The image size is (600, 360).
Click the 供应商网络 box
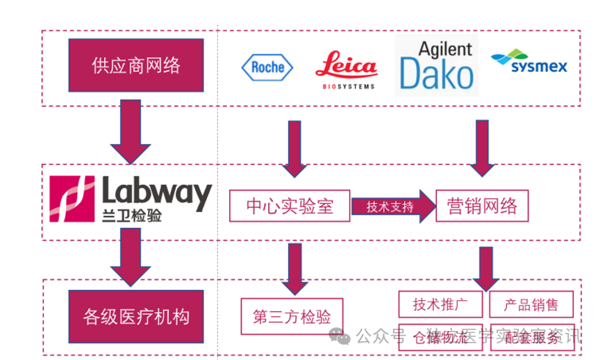(136, 66)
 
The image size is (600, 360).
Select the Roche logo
(267, 67)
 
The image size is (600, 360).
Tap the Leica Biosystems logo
(346, 69)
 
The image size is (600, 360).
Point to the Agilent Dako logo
(436, 67)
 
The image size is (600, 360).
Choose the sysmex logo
(528, 63)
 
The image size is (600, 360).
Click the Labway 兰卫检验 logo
(131, 198)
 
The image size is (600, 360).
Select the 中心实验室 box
(290, 206)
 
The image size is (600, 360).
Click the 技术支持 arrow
(392, 206)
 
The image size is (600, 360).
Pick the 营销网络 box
(482, 206)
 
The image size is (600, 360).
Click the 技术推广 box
(440, 304)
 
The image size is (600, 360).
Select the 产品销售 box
(531, 304)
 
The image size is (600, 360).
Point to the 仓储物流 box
(440, 338)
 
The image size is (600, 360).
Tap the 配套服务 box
(531, 338)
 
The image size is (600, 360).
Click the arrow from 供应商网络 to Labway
(131, 132)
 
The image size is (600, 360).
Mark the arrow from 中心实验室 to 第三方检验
(295, 268)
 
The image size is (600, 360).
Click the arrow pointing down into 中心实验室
(295, 147)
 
